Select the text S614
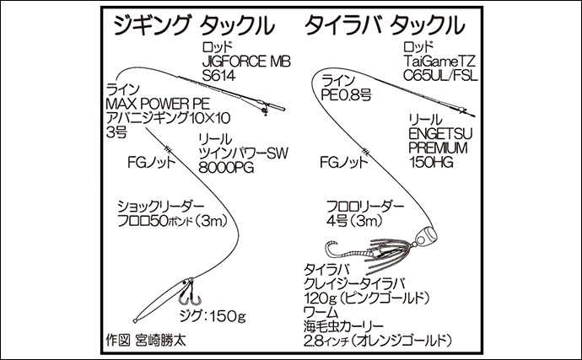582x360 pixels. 218,77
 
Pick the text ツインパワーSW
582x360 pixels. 239,153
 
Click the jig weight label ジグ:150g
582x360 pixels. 216,316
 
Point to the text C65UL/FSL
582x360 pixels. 443,76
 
